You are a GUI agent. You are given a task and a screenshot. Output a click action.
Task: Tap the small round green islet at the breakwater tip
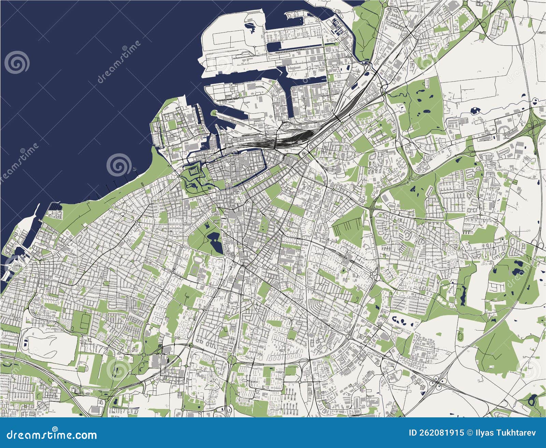[x=213, y=113]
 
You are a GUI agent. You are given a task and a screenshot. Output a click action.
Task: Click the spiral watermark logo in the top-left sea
[x=17, y=62]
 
